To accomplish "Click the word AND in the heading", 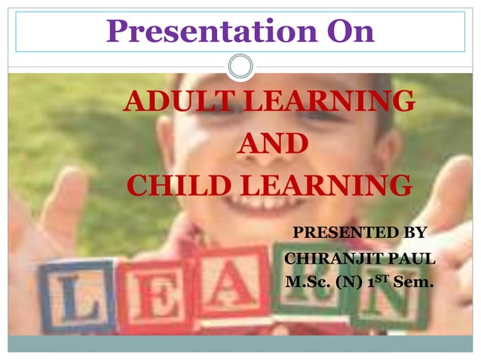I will [x=272, y=143].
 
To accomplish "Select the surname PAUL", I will [x=414, y=259].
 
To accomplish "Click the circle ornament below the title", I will [x=240, y=66].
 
